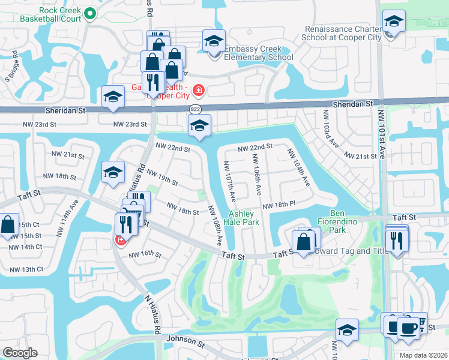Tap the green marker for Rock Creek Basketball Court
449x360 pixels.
click(x=90, y=13)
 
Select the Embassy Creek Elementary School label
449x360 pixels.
click(x=258, y=53)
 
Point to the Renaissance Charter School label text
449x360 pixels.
click(x=343, y=33)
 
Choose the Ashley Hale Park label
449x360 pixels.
click(x=243, y=218)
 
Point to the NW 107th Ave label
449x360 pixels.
click(x=231, y=181)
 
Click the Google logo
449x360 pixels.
click(x=20, y=353)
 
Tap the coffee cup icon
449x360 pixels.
click(x=409, y=328)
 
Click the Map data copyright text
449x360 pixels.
click(x=423, y=355)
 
